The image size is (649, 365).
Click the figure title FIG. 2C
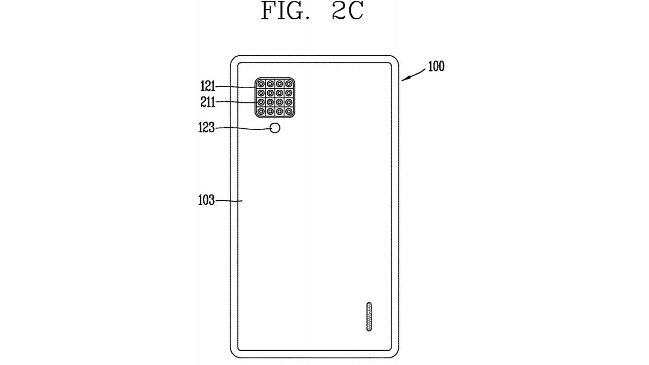pos(312,11)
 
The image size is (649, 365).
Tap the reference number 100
pos(436,66)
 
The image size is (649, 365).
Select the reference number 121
pos(208,86)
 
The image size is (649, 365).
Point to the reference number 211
pos(208,102)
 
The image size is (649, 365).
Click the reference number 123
pos(206,127)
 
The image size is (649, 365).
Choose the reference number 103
pos(206,200)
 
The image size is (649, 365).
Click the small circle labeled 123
pos(275,128)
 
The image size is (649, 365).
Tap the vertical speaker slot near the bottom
pos(369,317)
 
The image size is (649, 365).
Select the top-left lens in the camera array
pos(261,84)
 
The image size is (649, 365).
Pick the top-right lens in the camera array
pos(289,84)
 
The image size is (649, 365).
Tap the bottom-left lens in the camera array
pos(261,111)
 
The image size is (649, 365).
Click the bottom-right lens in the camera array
pos(289,111)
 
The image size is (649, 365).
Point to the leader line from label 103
pos(229,200)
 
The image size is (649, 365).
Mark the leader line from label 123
pos(242,128)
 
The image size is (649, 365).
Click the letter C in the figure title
pos(354,11)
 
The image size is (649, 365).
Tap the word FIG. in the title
pos(285,11)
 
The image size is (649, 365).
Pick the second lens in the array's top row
pos(270,84)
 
